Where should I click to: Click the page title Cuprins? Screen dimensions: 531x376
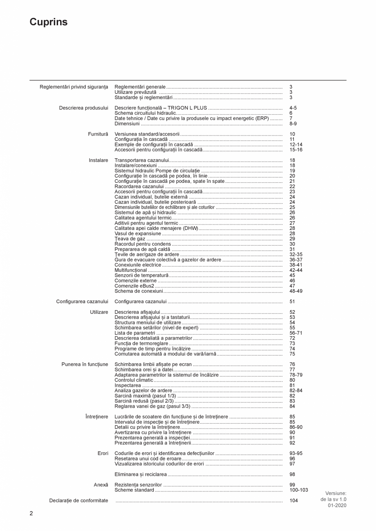[x=48, y=22]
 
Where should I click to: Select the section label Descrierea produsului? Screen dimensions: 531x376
[x=83, y=108]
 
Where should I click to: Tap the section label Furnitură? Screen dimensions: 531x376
[x=98, y=134]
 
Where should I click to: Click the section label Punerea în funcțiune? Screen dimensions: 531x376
[x=85, y=364]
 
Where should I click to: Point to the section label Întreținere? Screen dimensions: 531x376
[x=96, y=416]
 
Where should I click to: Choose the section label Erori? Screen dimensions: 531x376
[x=103, y=453]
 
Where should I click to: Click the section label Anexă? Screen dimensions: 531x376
[x=101, y=484]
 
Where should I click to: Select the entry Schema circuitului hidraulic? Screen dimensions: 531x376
[x=145, y=113]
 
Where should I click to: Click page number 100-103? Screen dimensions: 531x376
[x=298, y=490]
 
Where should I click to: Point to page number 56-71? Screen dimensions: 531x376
[x=296, y=333]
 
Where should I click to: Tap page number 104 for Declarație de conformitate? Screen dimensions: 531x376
[x=293, y=500]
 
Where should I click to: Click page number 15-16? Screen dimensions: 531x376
[x=296, y=150]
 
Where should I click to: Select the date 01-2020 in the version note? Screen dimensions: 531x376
[x=337, y=505]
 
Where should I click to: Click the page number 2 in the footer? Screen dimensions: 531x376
[x=31, y=513]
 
